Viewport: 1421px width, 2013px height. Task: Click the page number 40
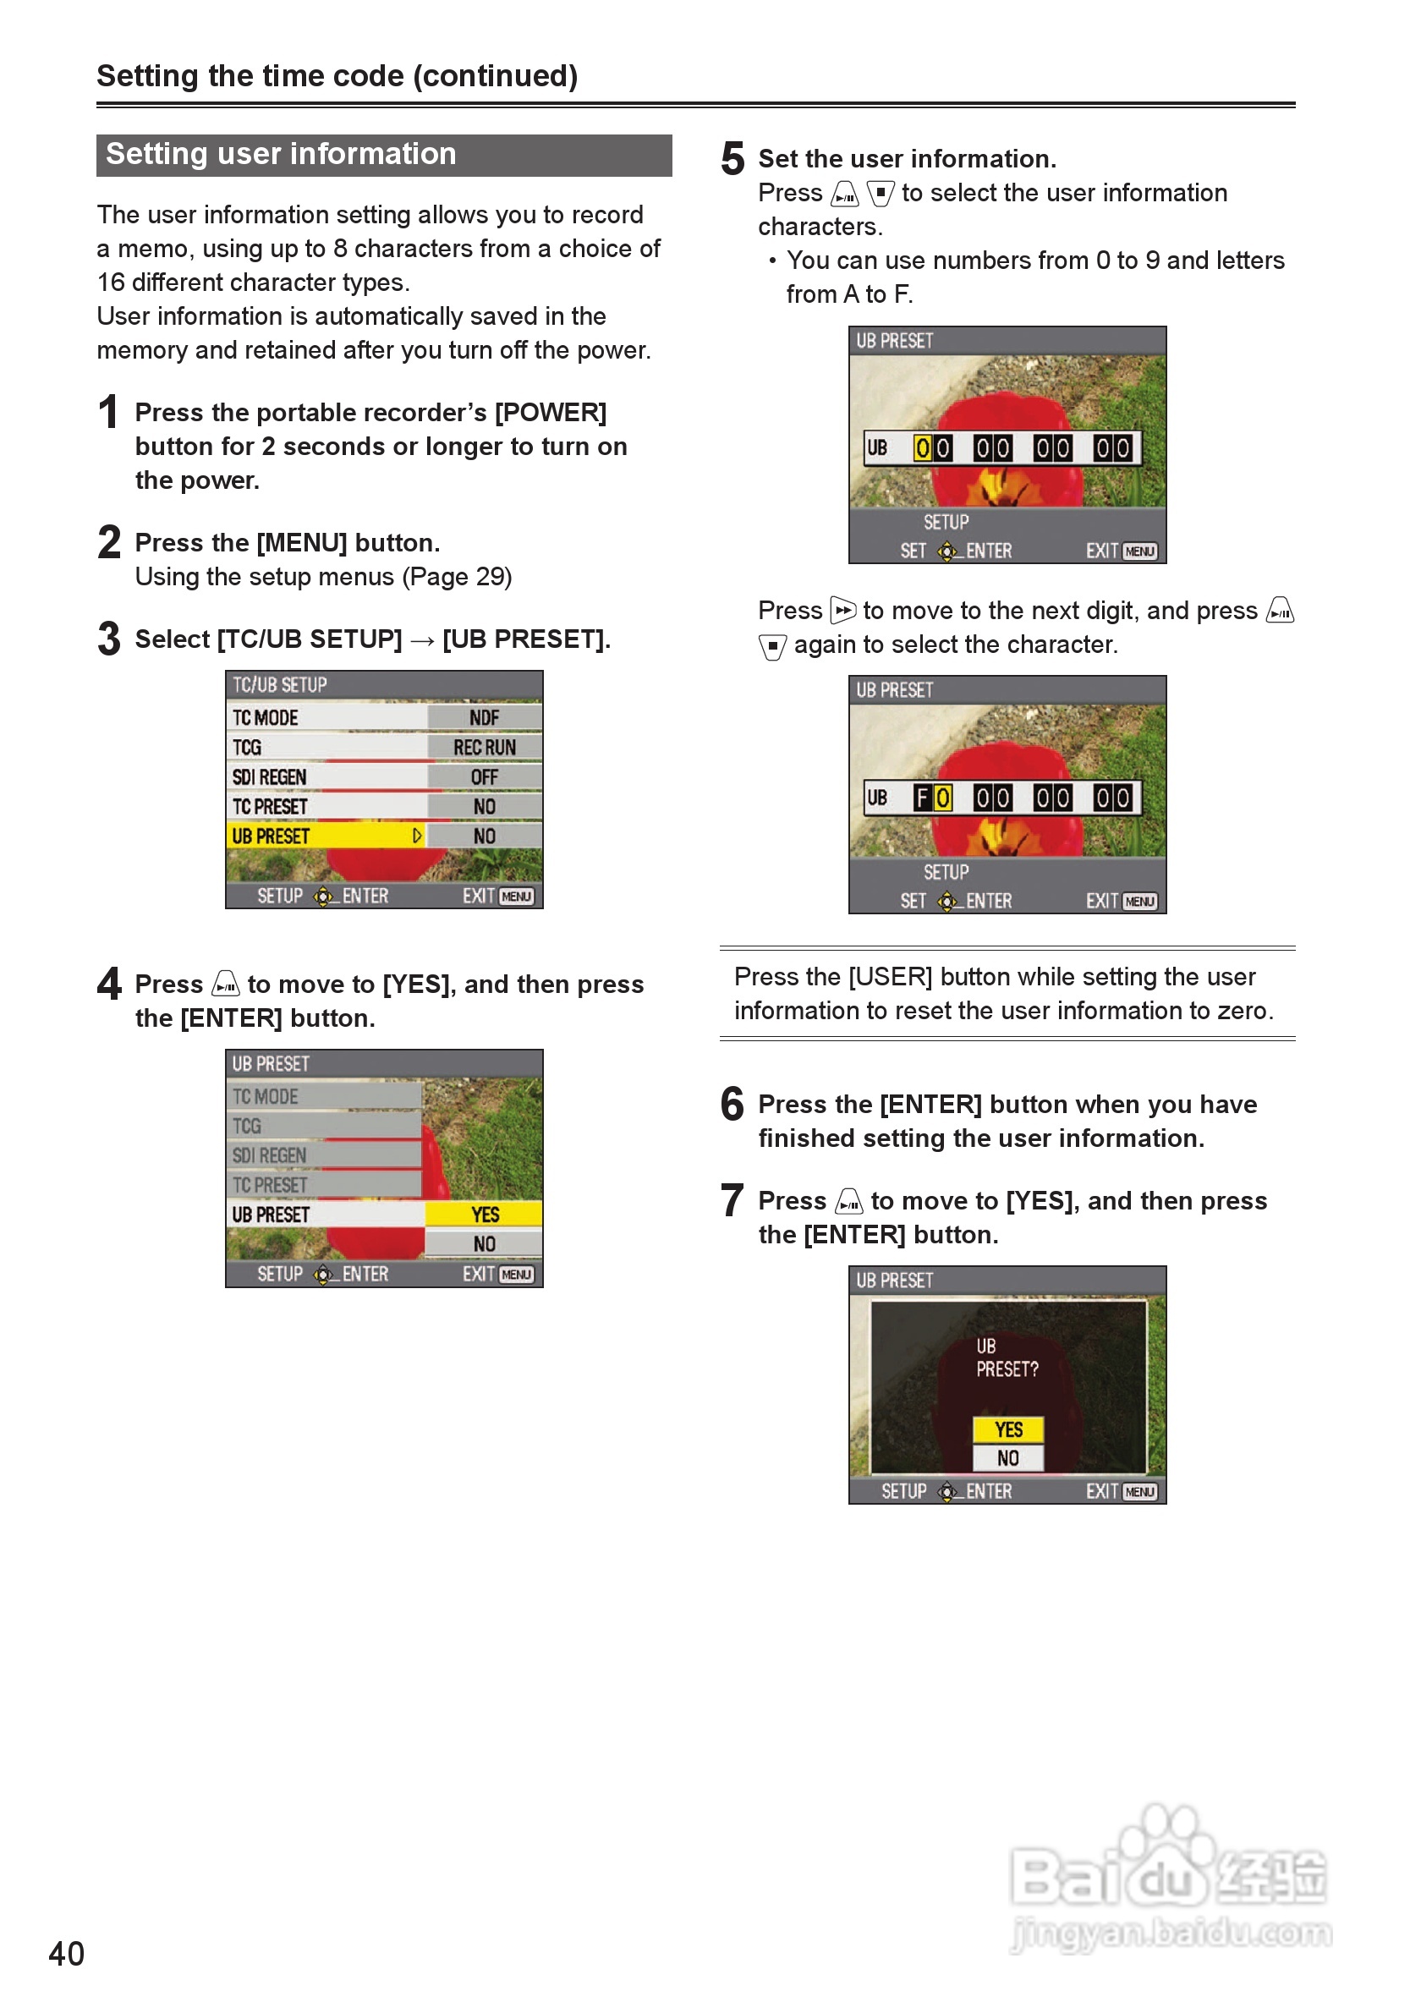coord(67,1954)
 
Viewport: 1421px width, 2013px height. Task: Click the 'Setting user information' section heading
coord(281,154)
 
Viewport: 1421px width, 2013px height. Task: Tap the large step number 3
coord(109,639)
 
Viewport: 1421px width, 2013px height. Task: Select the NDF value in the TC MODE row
coord(484,718)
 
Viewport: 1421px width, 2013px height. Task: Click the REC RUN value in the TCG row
coord(484,748)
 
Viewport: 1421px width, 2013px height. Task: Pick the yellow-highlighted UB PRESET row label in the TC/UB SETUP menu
coord(271,836)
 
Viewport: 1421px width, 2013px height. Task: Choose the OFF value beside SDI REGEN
coord(484,777)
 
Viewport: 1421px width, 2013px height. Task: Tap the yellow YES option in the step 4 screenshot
coord(484,1215)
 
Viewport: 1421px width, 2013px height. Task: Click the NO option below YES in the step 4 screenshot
coord(484,1244)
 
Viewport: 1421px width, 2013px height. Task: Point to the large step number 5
coord(732,160)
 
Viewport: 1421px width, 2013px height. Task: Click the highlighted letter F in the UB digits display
coord(922,798)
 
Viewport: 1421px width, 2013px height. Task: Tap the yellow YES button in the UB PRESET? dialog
coord(1008,1430)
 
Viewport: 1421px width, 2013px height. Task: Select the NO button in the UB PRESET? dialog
coord(1008,1458)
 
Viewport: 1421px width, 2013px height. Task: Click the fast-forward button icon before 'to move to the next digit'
coord(842,610)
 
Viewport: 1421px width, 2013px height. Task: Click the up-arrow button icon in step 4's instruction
coord(225,985)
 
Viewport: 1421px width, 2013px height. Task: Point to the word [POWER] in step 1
coord(551,412)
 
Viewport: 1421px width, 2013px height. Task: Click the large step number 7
coord(732,1200)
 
